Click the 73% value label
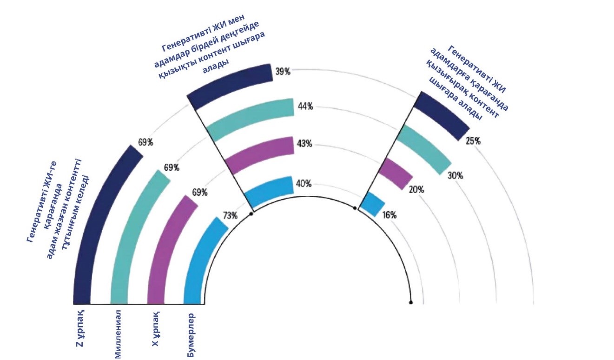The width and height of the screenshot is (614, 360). point(231,215)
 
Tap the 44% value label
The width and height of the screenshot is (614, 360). point(305,107)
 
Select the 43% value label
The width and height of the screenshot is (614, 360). point(304,144)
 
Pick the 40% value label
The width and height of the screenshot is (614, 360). point(304,183)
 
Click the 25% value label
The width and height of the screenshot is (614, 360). point(473,141)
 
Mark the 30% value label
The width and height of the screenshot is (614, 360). point(455,176)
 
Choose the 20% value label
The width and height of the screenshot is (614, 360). point(416,190)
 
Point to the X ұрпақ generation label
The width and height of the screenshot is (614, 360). point(155,330)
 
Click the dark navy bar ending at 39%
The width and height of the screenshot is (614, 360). point(230,85)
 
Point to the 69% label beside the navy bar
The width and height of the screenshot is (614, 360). point(145,142)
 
